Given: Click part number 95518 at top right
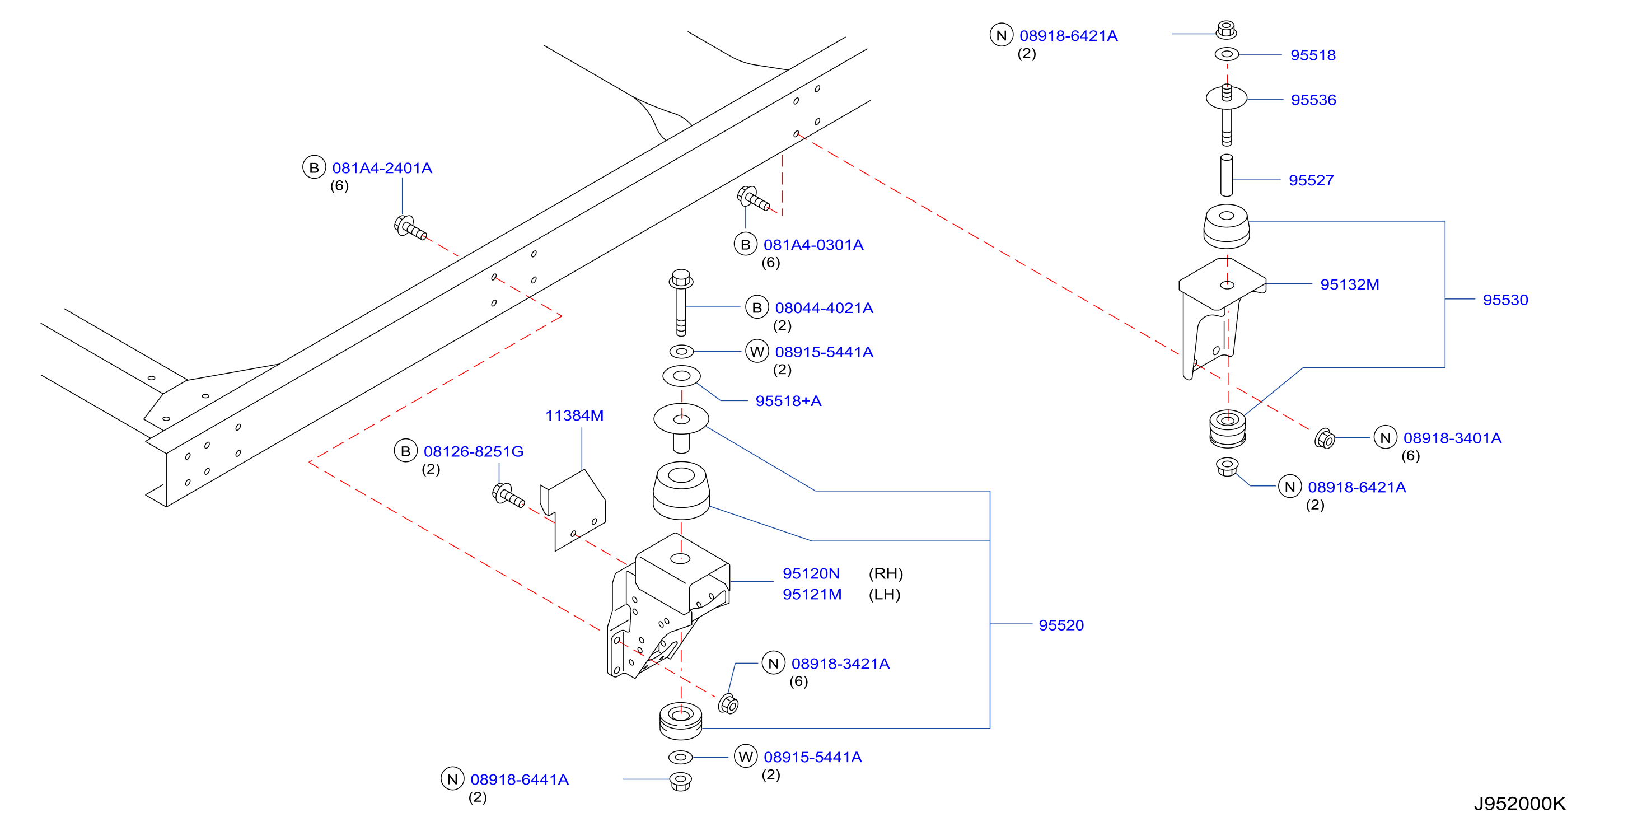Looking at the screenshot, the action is (1313, 55).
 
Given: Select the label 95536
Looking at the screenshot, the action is (1313, 100).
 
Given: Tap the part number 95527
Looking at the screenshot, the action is (1311, 180).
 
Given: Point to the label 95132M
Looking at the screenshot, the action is (1349, 284).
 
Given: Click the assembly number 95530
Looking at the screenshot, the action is (1505, 300).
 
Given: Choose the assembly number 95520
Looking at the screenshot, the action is (1061, 625).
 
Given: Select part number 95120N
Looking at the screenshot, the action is (811, 573).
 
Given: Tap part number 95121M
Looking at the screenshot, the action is (812, 594).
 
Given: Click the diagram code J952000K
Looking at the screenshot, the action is (1519, 803).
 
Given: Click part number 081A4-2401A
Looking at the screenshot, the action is (382, 168).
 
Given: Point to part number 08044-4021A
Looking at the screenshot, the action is (824, 308).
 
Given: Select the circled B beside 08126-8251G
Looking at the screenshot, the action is (406, 451).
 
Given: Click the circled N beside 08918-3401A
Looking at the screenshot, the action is (1386, 438).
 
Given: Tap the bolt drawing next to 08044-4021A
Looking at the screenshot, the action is (681, 303).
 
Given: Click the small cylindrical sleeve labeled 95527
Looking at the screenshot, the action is (1226, 175).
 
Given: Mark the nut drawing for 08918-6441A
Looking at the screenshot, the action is (680, 781).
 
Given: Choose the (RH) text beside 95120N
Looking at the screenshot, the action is (886, 574).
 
